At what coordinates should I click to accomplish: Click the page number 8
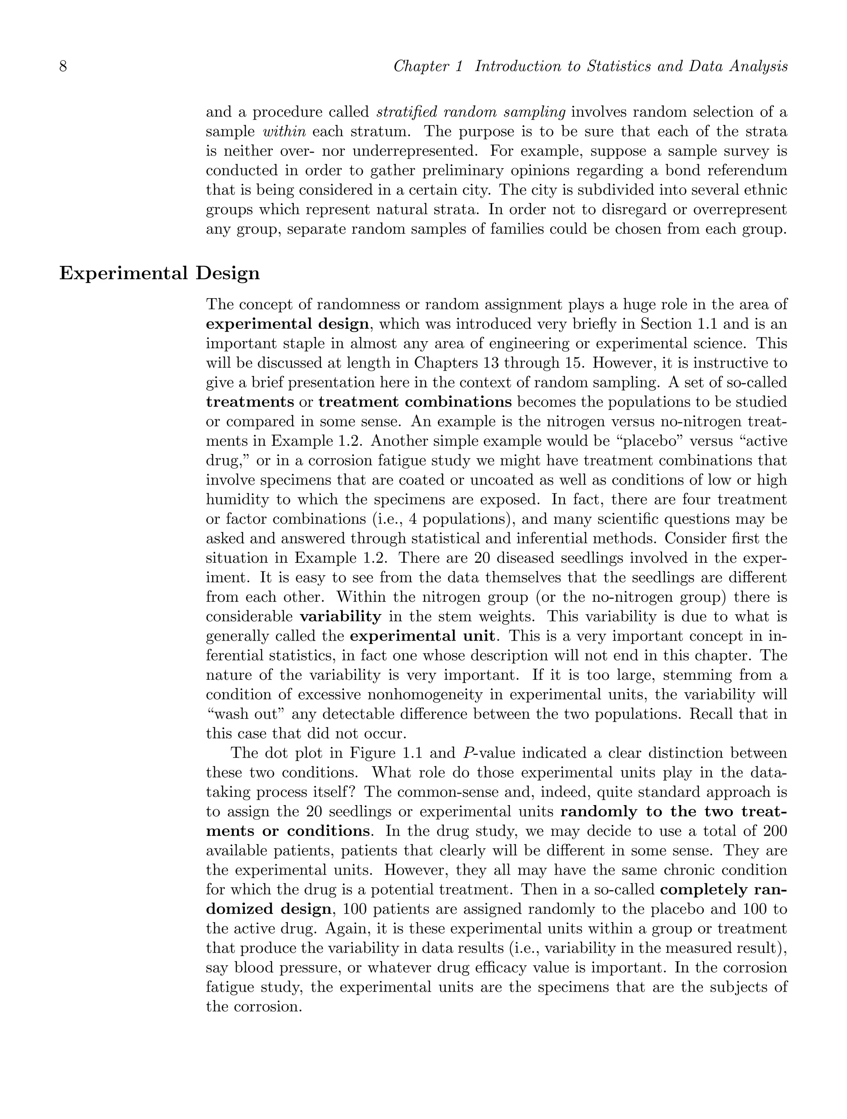pos(63,66)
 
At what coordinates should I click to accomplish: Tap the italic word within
pos(285,132)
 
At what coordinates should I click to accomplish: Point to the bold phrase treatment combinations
pos(415,402)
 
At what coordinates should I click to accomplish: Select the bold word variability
pos(340,617)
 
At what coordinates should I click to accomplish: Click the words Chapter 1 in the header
pos(428,66)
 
